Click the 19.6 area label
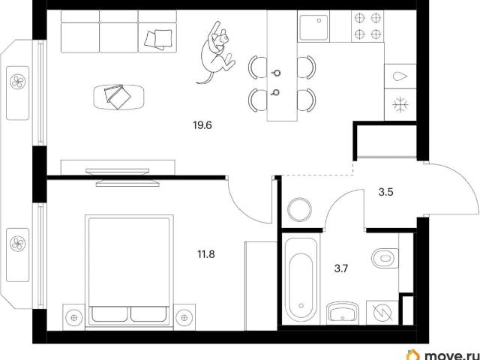202,125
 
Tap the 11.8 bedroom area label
206,254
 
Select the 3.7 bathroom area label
341,269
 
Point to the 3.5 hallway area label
385,192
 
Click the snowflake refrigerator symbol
400,105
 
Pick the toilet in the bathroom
385,258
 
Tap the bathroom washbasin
343,313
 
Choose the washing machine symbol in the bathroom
382,313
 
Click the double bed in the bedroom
129,271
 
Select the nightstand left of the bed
73,317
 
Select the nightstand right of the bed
184,317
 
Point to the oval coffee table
118,97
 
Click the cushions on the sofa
158,39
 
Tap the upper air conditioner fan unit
18,82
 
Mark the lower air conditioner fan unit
18,244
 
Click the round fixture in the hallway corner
300,210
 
